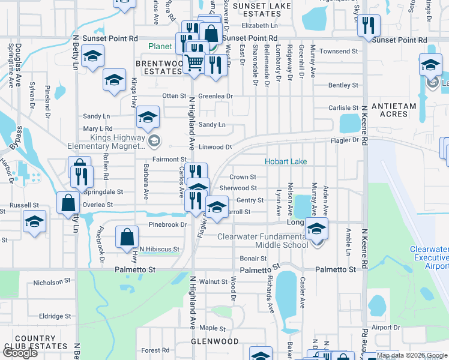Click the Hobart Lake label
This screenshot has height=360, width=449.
click(286, 162)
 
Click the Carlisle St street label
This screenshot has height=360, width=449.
click(343, 108)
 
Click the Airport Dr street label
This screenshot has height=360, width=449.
click(385, 328)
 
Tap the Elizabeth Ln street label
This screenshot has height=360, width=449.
click(260, 26)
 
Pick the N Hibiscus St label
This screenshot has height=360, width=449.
click(159, 249)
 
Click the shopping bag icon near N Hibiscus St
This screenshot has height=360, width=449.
click(128, 237)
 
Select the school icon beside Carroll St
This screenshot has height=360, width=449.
click(217, 208)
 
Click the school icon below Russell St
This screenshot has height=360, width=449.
click(35, 222)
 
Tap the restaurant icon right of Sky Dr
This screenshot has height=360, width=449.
click(368, 25)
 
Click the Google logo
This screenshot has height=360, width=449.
click(20, 353)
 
